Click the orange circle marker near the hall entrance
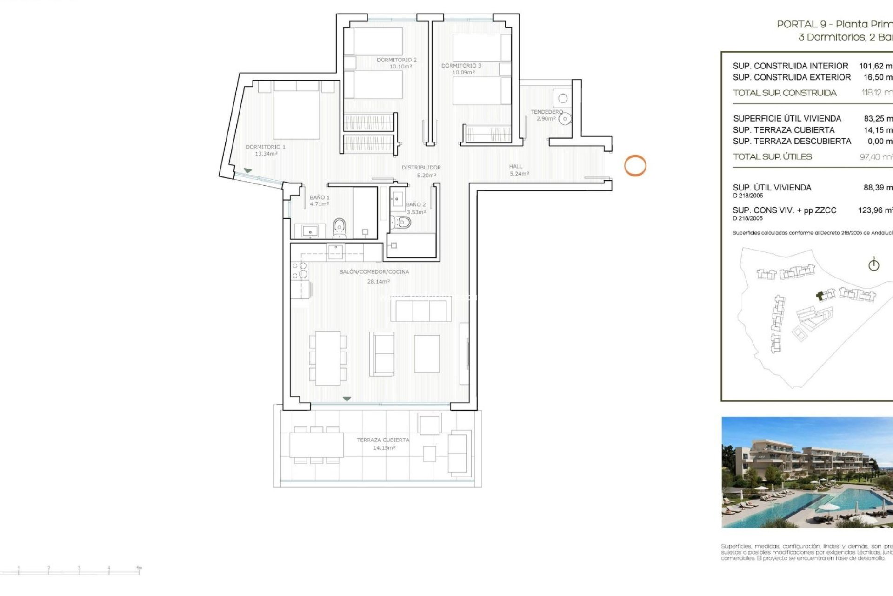point(635,165)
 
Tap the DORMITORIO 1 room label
point(266,147)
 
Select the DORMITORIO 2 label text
point(396,60)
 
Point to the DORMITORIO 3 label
point(461,66)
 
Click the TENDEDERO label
point(546,112)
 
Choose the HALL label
point(515,166)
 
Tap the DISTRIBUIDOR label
point(421,167)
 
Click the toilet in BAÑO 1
point(340,227)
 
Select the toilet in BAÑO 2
point(400,223)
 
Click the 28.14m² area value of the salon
point(379,282)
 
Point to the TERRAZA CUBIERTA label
point(383,440)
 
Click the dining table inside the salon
point(328,358)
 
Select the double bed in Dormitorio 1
point(296,112)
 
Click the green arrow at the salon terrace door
point(347,399)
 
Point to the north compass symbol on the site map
point(873,264)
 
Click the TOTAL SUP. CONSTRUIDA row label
point(785,93)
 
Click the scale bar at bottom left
point(79,571)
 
